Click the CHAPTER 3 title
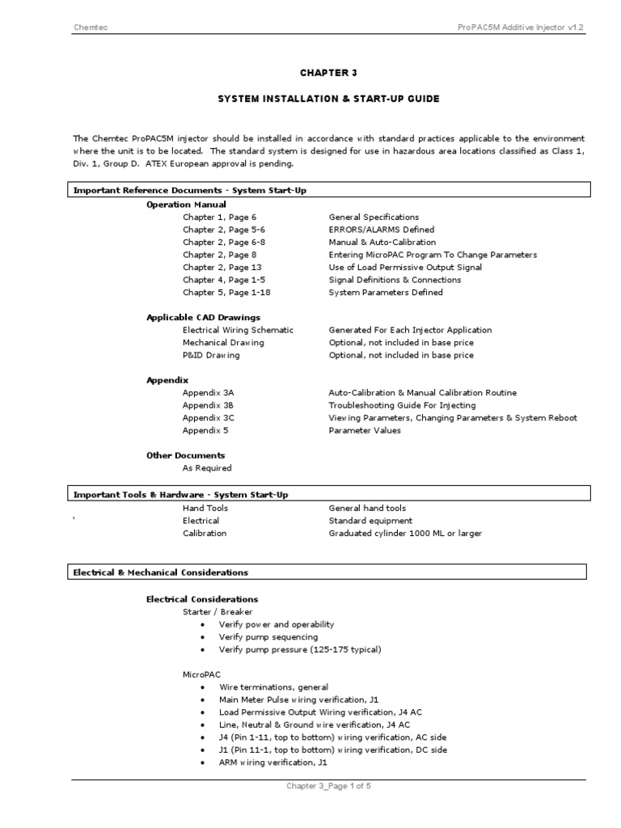[328, 73]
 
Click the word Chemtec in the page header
[90, 28]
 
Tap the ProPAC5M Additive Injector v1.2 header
[520, 28]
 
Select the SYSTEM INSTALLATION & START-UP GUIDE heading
[328, 99]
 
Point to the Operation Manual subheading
[186, 205]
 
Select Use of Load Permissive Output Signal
[405, 267]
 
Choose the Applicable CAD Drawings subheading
[203, 317]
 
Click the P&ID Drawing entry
[211, 355]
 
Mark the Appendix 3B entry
[208, 405]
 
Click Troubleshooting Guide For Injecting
[402, 405]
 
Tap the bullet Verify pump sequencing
[268, 637]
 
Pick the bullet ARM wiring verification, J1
[272, 763]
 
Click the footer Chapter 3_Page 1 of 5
[328, 786]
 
